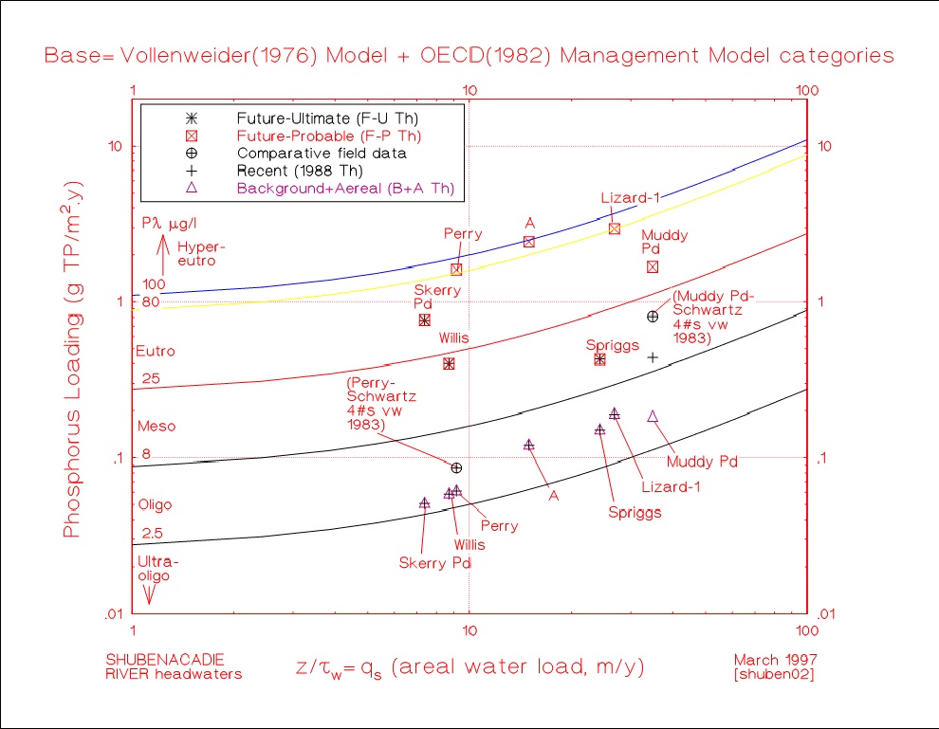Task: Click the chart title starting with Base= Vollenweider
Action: coord(469,56)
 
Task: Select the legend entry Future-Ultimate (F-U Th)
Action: coord(327,118)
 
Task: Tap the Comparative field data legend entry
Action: coord(322,153)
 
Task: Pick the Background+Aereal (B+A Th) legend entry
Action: coord(345,188)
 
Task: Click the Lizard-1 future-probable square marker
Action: coord(615,228)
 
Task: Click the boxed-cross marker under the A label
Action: coord(529,242)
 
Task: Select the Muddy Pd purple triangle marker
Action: coord(653,416)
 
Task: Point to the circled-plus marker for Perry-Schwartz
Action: coord(456,467)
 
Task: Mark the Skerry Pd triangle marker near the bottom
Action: coord(425,502)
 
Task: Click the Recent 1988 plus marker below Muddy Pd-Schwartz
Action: coord(653,357)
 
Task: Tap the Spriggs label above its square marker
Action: coord(605,345)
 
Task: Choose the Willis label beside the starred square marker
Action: coord(453,337)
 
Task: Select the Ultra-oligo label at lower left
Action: coord(157,567)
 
